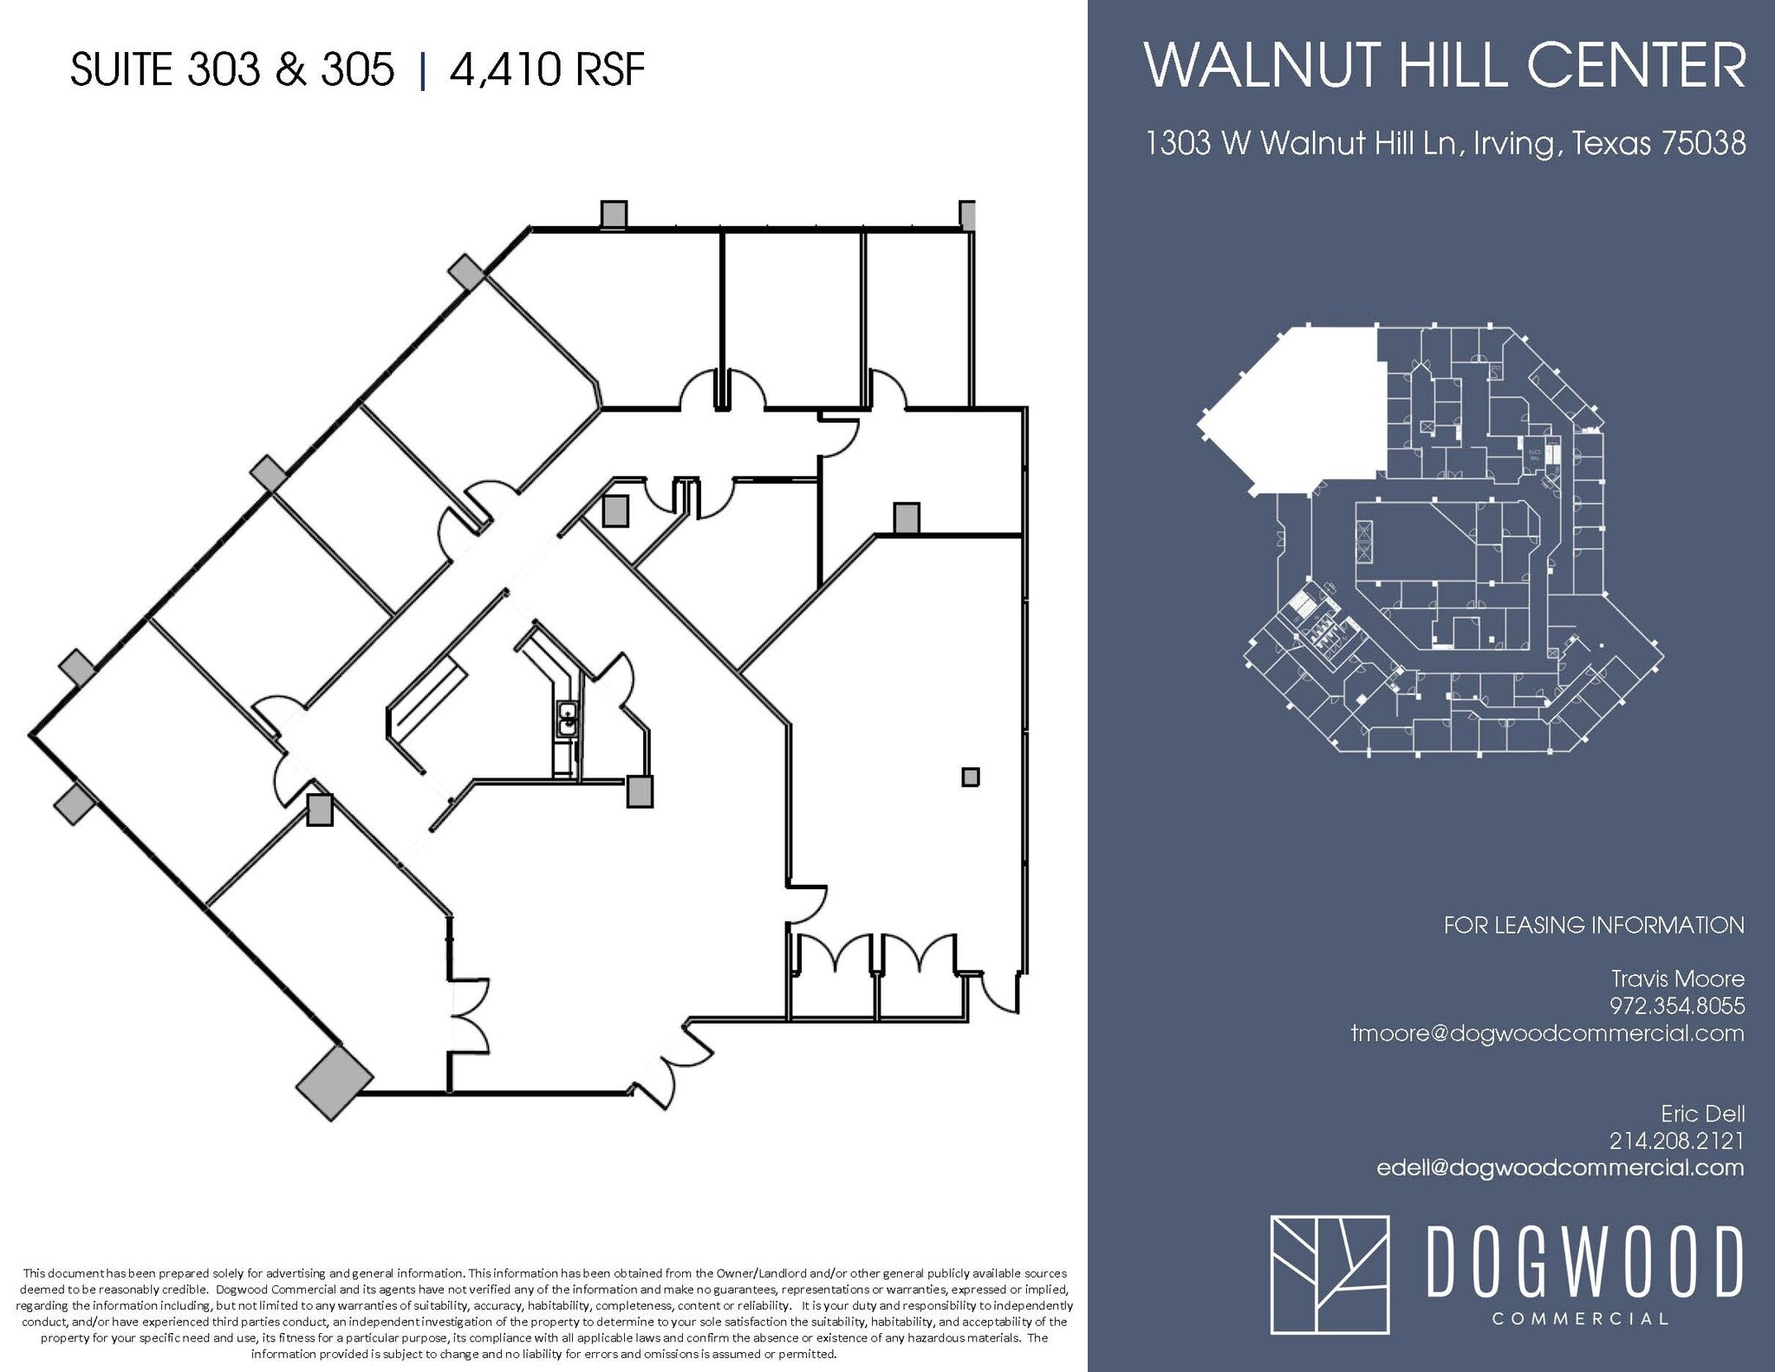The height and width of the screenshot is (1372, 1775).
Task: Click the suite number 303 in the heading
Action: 223,69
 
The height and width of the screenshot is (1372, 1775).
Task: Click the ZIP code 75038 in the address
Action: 1703,143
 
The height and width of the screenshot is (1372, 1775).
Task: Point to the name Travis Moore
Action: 1677,979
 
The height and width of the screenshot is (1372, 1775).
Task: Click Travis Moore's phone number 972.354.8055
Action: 1677,1005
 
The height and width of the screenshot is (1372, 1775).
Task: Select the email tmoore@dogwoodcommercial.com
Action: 1547,1033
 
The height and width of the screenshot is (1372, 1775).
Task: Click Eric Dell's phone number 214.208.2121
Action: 1677,1141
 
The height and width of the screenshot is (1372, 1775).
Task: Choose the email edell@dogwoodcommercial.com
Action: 1560,1167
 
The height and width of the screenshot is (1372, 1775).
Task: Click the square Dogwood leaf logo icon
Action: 1330,1273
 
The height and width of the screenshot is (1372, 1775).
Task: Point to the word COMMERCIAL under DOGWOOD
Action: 1581,1319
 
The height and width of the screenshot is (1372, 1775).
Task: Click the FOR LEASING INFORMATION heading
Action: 1594,925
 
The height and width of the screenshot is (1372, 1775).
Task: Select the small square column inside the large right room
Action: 971,777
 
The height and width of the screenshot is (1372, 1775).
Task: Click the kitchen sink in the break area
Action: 568,719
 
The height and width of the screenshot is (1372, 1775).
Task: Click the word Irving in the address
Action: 1512,143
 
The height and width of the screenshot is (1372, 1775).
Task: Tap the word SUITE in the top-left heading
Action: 121,69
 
